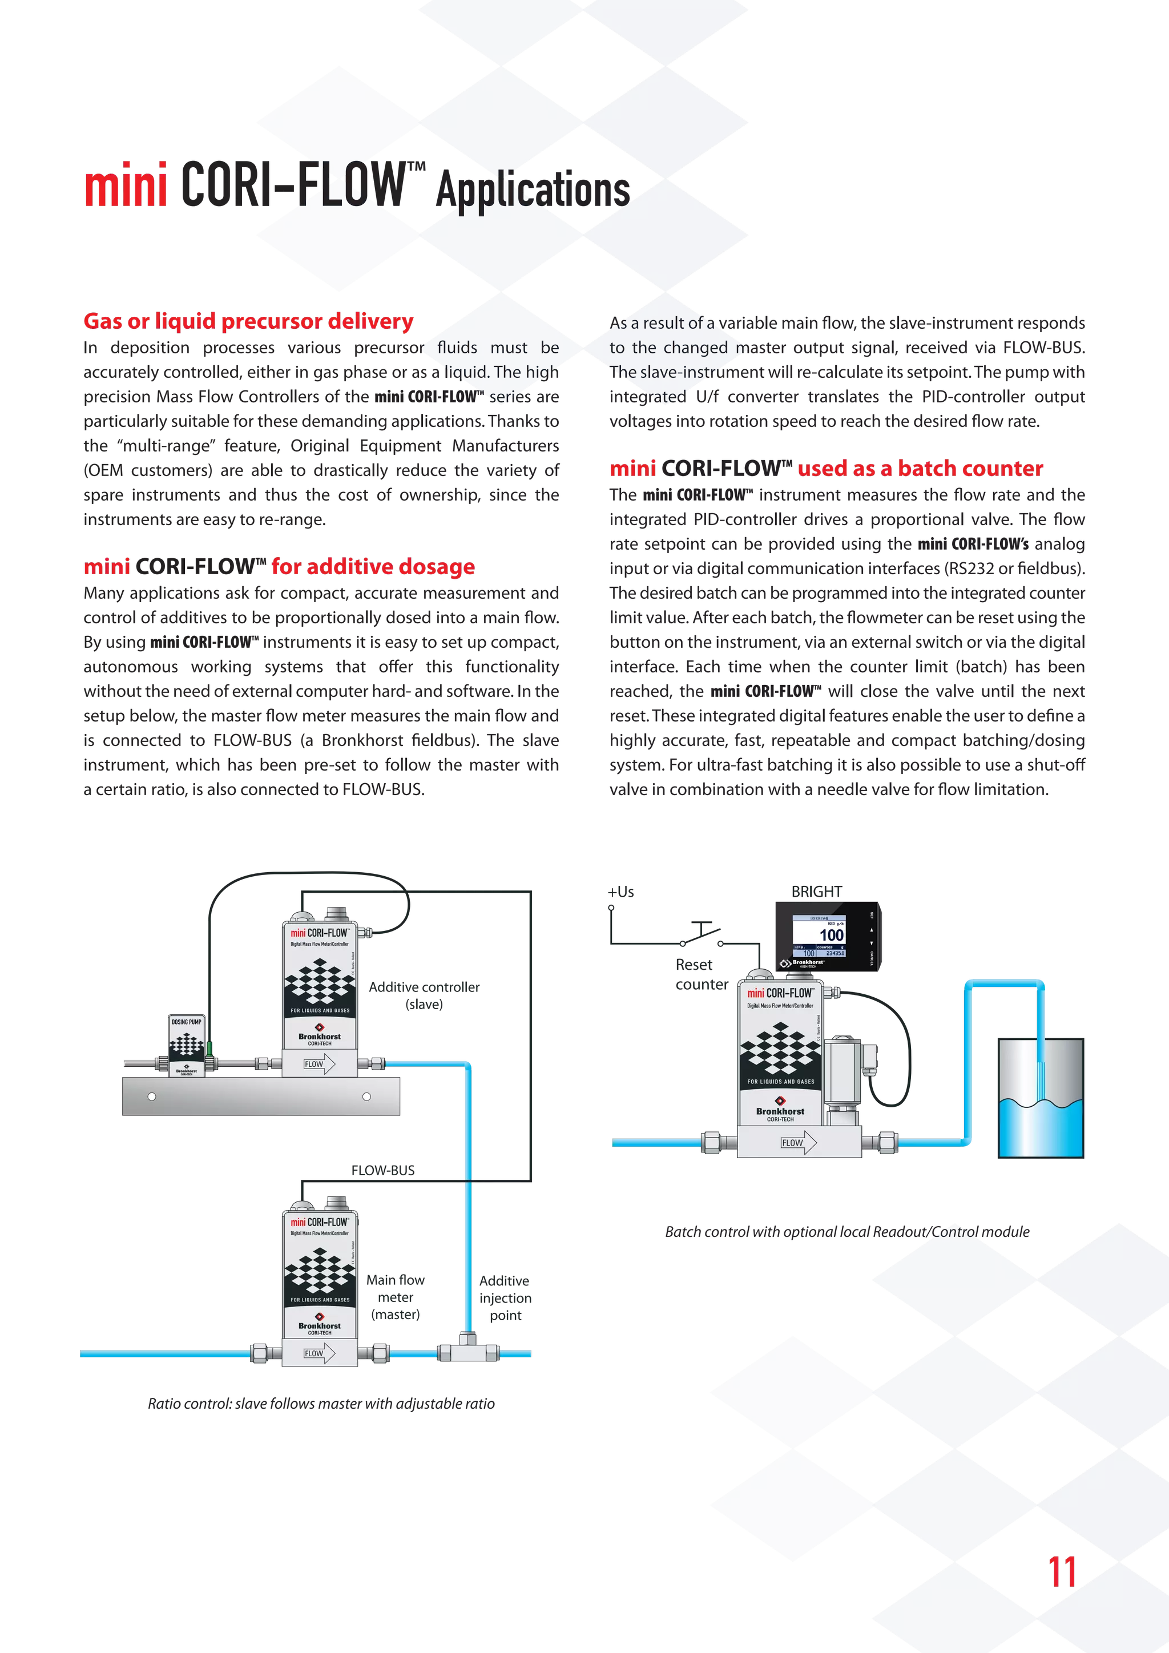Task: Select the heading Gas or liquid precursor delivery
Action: (248, 321)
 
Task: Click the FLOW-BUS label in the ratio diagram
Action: (383, 1171)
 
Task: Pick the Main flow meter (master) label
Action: (395, 1297)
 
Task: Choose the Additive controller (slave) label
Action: (424, 995)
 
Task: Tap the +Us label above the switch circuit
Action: (621, 892)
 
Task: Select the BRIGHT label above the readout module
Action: (816, 892)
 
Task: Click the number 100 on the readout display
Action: (832, 935)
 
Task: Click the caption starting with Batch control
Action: (847, 1232)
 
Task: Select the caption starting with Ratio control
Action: (321, 1403)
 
